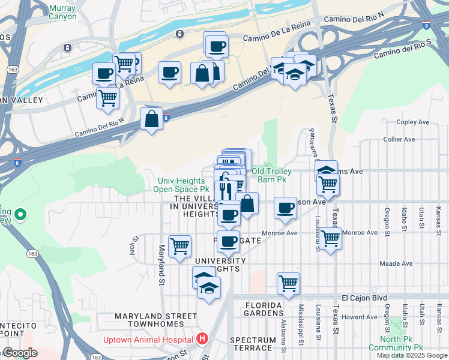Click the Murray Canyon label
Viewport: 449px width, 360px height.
coord(63,12)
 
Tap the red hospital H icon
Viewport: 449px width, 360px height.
coord(202,339)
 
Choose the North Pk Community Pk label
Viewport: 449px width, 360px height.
coord(396,343)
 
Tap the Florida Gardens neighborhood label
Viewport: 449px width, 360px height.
coord(264,309)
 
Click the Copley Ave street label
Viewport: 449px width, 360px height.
coord(413,122)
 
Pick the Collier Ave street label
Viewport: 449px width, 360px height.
coord(399,139)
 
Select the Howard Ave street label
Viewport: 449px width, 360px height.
coord(360,317)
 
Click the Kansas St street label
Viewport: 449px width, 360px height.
coord(439,213)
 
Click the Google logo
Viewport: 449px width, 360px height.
coord(20,353)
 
